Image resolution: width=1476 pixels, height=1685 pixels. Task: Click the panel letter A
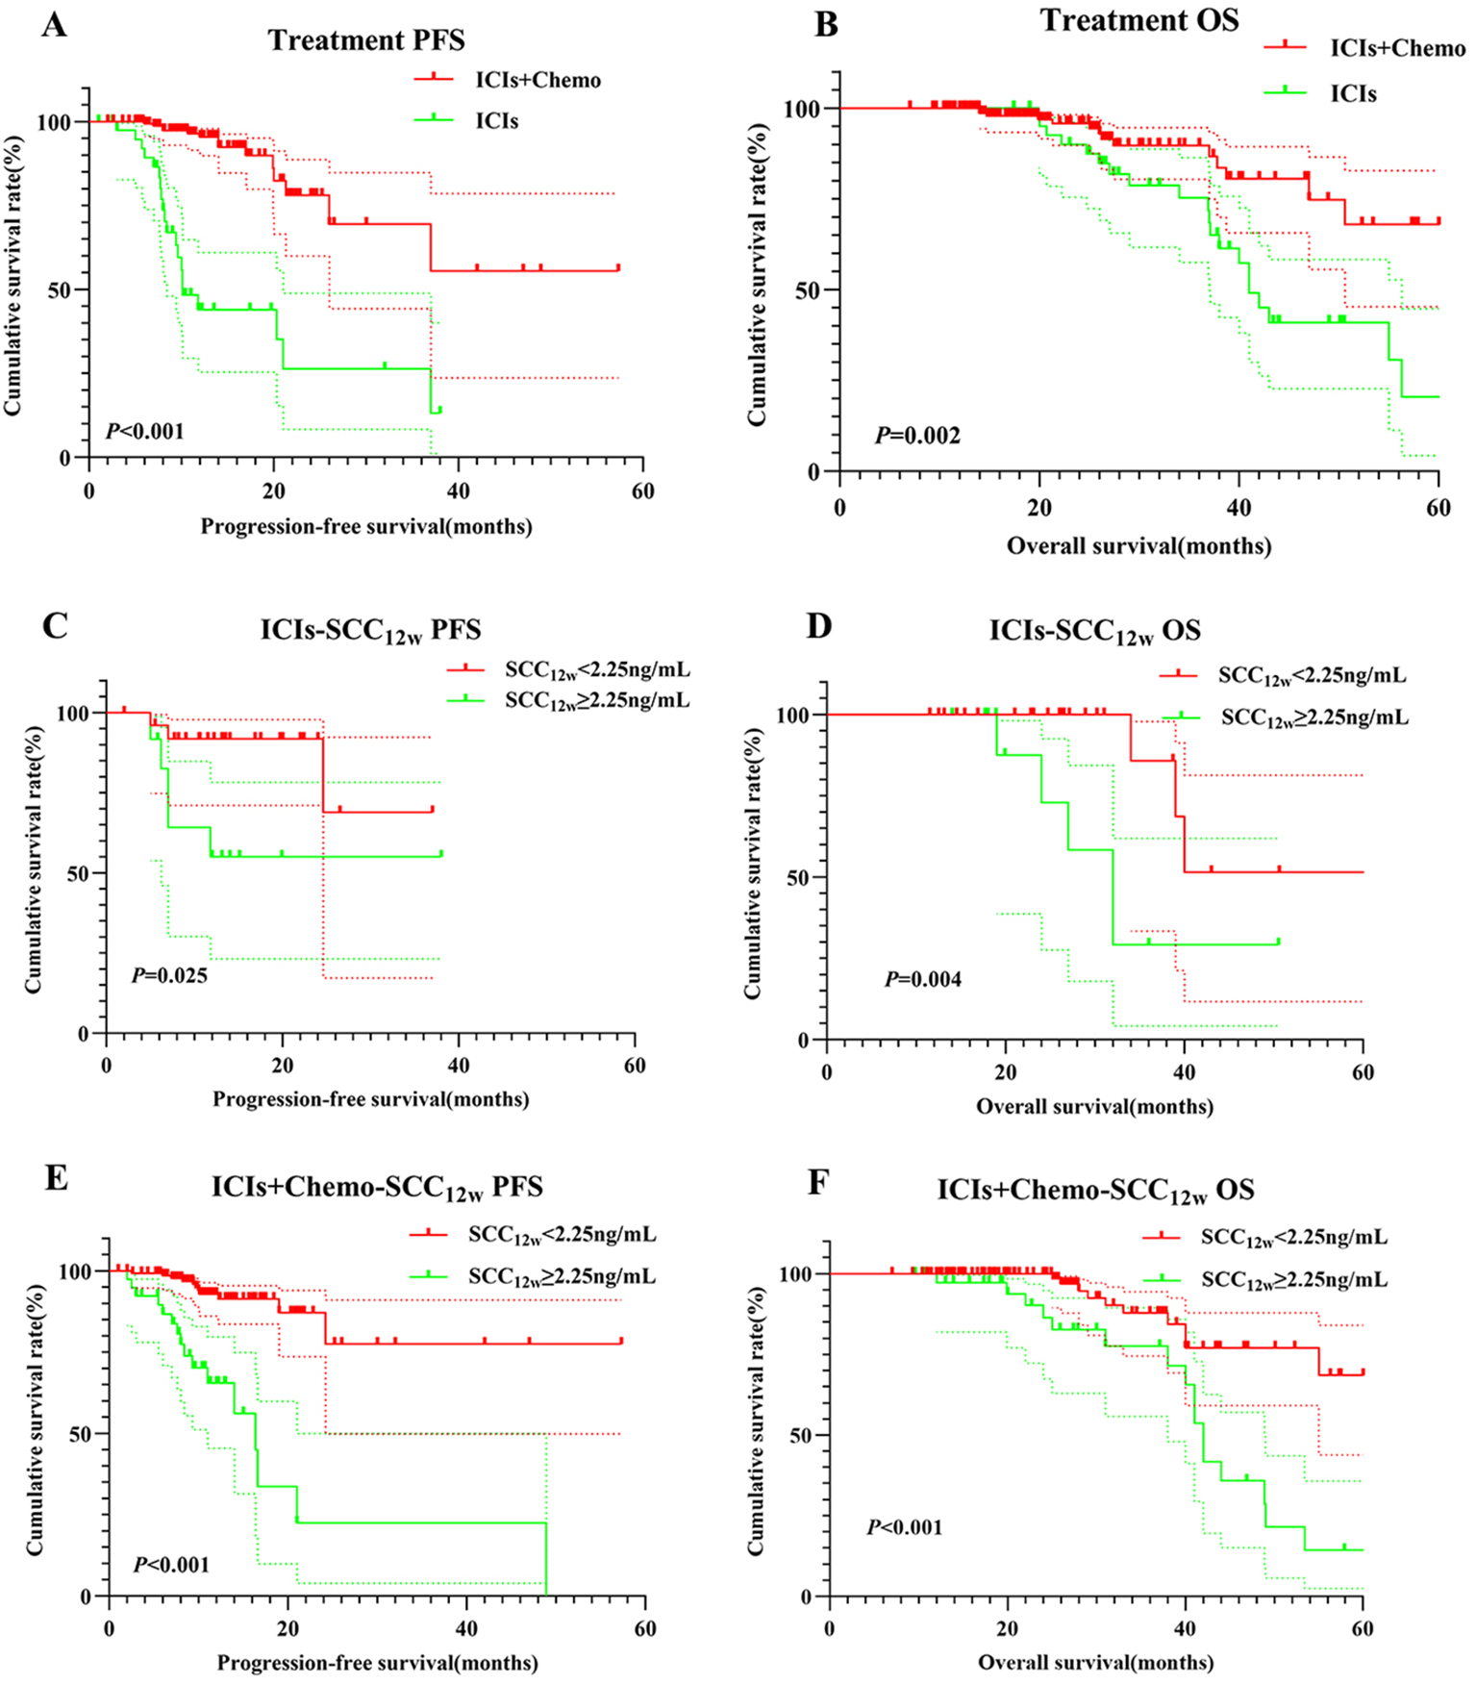coord(55,25)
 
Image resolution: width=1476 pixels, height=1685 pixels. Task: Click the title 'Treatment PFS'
coord(366,40)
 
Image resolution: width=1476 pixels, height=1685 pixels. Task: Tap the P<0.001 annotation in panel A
coord(144,430)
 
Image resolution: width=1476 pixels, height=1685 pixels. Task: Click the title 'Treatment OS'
coord(1139,20)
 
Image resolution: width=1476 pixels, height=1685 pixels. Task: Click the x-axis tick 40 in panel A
coord(459,490)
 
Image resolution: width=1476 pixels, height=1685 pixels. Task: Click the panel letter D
coord(818,626)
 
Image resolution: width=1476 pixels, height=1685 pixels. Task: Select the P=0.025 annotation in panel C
coord(169,976)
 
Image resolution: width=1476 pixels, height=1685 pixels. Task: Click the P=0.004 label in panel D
coord(923,980)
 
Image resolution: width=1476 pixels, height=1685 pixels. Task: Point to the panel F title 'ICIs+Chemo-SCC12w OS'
coord(1095,1192)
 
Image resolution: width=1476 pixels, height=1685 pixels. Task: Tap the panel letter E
coord(56,1178)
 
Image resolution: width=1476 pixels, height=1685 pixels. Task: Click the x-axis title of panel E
coord(377,1662)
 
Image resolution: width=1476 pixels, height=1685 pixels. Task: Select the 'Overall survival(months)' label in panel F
coord(1095,1662)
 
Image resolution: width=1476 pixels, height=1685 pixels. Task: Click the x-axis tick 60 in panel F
coord(1363,1628)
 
